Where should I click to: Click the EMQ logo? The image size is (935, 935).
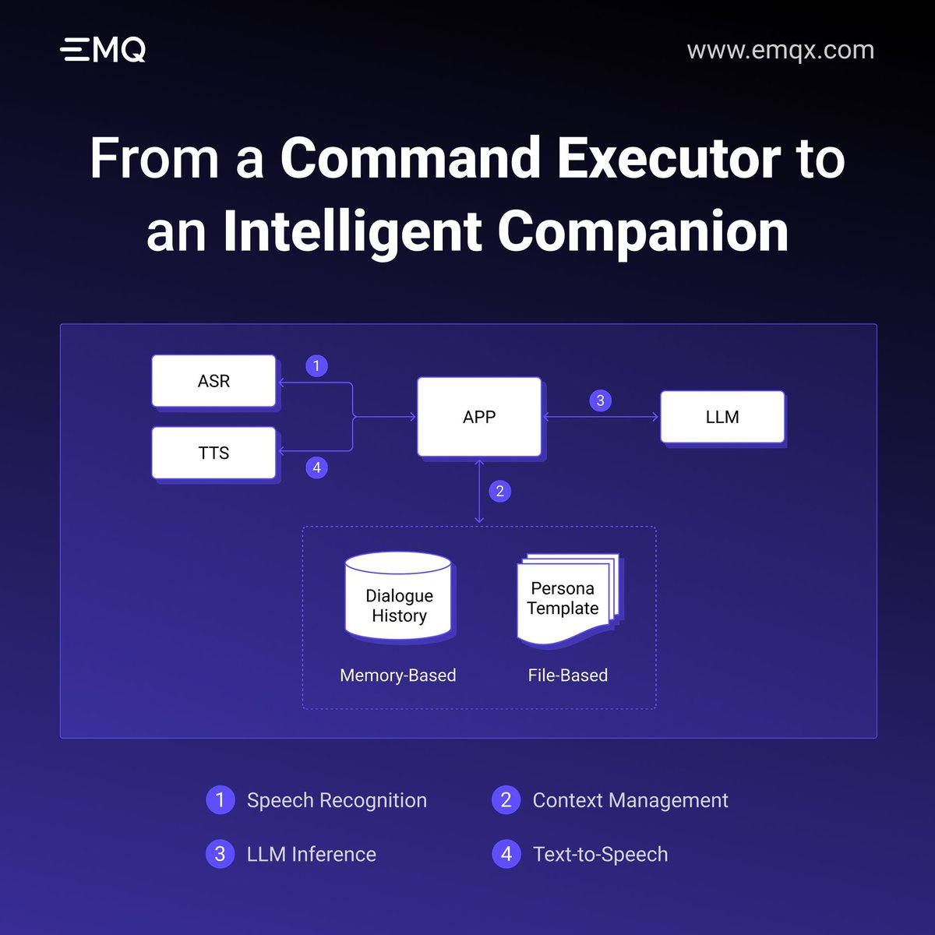click(103, 50)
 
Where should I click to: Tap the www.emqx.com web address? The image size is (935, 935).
click(780, 50)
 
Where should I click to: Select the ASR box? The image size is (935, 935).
click(213, 381)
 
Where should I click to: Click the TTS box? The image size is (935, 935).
click(213, 453)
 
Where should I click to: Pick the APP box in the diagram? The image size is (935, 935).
click(479, 417)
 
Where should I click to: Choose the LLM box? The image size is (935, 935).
click(722, 417)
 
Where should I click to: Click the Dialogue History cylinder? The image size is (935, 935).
click(399, 598)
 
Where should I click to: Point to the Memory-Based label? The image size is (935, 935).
click(397, 676)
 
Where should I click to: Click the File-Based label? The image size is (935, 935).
click(567, 676)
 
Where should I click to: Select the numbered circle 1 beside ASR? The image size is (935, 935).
click(316, 365)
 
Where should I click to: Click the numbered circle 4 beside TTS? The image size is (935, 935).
click(316, 467)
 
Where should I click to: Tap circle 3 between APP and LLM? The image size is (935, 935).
click(600, 400)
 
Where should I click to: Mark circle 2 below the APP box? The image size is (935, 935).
click(499, 491)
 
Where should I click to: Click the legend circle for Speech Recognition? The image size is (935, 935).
click(220, 800)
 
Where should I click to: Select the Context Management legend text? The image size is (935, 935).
click(630, 800)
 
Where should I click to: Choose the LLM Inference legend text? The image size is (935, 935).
click(311, 854)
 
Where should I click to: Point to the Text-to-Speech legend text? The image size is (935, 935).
click(600, 854)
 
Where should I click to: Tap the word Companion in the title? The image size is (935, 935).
click(642, 231)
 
